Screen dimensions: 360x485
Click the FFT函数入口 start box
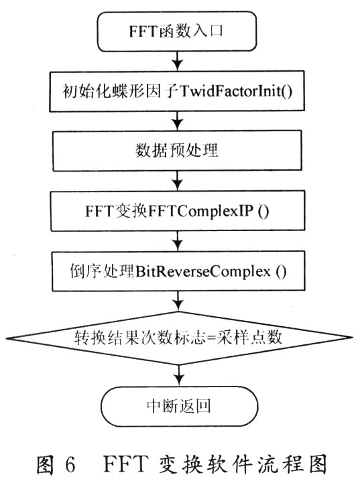click(177, 31)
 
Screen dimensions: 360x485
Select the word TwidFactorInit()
click(235, 91)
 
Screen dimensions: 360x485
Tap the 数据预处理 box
click(177, 151)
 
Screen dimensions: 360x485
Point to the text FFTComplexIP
click(201, 211)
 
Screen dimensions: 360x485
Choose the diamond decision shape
click(179, 338)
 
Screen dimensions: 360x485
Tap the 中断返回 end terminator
click(179, 406)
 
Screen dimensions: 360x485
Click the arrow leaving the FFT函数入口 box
click(178, 61)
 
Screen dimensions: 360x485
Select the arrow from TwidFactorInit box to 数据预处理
click(178, 121)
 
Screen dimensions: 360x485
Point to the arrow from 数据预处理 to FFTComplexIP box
click(178, 181)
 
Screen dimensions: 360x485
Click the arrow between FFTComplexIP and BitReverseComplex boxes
click(178, 240)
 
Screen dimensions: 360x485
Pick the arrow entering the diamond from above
click(178, 301)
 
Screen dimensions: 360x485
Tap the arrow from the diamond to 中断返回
click(179, 376)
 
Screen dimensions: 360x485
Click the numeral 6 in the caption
click(70, 464)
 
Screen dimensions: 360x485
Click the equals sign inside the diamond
click(211, 337)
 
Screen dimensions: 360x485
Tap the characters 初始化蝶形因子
click(120, 91)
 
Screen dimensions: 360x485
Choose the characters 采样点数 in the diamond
click(249, 337)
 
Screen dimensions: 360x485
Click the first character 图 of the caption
click(46, 465)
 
